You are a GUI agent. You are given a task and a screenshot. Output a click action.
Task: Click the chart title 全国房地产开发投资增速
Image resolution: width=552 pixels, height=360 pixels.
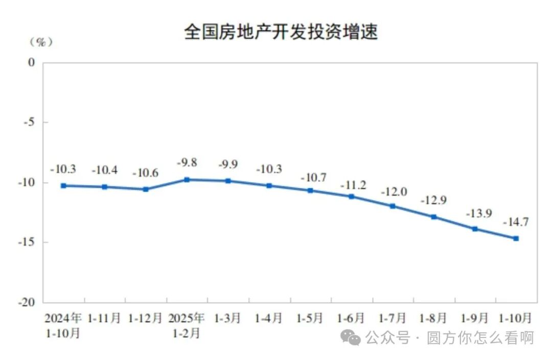pyautogui.click(x=281, y=32)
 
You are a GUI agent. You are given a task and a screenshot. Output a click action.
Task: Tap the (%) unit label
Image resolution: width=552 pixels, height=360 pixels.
pyautogui.click(x=41, y=42)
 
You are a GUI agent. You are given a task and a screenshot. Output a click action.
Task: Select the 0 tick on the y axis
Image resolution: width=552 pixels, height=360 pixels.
pyautogui.click(x=32, y=62)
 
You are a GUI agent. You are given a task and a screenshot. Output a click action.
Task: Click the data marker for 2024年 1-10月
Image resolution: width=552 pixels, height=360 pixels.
pyautogui.click(x=63, y=186)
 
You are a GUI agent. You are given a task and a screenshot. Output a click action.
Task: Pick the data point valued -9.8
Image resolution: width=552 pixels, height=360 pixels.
pyautogui.click(x=187, y=179)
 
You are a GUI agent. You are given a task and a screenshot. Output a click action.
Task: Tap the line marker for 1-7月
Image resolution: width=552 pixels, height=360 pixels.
pyautogui.click(x=393, y=206)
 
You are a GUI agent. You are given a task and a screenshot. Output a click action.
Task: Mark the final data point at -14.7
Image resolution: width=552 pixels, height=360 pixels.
pyautogui.click(x=516, y=238)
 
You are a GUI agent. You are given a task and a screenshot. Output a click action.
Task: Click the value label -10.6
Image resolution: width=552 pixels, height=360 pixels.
pyautogui.click(x=146, y=173)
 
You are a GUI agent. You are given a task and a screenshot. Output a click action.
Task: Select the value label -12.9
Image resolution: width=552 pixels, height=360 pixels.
pyautogui.click(x=433, y=200)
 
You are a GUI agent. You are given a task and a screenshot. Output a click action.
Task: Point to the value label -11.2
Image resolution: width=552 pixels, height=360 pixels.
pyautogui.click(x=353, y=185)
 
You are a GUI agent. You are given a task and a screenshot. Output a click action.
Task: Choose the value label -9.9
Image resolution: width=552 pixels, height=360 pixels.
pyautogui.click(x=228, y=165)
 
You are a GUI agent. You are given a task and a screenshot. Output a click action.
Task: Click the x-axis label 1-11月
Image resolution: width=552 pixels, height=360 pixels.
pyautogui.click(x=104, y=318)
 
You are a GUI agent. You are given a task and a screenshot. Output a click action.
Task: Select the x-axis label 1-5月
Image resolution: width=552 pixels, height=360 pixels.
pyautogui.click(x=310, y=318)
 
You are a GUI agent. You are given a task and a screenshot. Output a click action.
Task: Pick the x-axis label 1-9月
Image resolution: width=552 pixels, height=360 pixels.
pyautogui.click(x=475, y=318)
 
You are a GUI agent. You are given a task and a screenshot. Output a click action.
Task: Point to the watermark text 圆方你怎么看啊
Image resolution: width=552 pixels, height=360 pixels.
pyautogui.click(x=480, y=337)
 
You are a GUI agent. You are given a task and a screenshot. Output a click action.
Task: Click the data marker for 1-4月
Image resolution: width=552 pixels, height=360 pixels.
pyautogui.click(x=269, y=186)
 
